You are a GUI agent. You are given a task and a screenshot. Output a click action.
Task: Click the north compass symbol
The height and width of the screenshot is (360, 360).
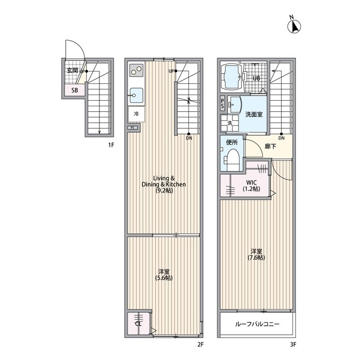[x=294, y=26]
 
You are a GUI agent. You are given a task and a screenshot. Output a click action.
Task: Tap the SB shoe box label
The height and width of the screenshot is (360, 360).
[x=75, y=90]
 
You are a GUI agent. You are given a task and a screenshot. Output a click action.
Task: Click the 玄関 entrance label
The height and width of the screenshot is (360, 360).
[x=72, y=70]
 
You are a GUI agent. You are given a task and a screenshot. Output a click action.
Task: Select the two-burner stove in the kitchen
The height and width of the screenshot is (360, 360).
[x=136, y=70]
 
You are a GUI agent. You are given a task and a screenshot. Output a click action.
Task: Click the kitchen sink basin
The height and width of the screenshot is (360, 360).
[x=136, y=95]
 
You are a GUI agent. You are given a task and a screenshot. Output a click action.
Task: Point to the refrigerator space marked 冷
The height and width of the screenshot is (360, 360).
[x=136, y=114]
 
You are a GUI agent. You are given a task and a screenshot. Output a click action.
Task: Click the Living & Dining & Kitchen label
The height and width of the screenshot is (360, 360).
[x=164, y=184]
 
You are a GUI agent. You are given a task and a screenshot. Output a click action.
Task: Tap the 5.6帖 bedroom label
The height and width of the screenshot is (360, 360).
[x=164, y=275]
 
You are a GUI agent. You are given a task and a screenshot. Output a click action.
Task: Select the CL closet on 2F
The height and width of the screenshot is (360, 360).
[x=139, y=324]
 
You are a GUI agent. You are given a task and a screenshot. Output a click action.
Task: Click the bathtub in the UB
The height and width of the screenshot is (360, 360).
[x=232, y=77]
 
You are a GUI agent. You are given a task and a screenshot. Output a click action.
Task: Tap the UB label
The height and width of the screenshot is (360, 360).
[x=256, y=78]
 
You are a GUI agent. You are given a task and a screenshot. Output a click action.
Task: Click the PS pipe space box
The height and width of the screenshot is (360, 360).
[x=223, y=103]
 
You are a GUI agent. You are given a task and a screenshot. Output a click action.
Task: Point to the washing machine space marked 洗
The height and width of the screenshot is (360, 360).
[x=230, y=123]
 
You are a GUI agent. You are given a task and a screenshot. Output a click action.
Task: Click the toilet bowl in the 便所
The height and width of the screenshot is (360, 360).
[x=232, y=159]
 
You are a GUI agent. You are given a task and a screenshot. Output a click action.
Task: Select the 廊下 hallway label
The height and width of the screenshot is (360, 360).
[x=271, y=146]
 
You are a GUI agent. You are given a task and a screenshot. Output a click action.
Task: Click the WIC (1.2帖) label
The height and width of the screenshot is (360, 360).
[x=251, y=186]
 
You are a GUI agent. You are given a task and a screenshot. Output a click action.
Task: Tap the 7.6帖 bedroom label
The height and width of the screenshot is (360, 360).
[x=256, y=254]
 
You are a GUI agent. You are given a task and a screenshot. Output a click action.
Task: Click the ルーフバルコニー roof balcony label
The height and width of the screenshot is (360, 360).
[x=257, y=324]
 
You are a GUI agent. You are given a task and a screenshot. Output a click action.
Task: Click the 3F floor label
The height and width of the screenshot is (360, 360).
[x=292, y=344]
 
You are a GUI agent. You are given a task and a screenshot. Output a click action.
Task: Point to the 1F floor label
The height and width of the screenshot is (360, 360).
[x=111, y=145]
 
